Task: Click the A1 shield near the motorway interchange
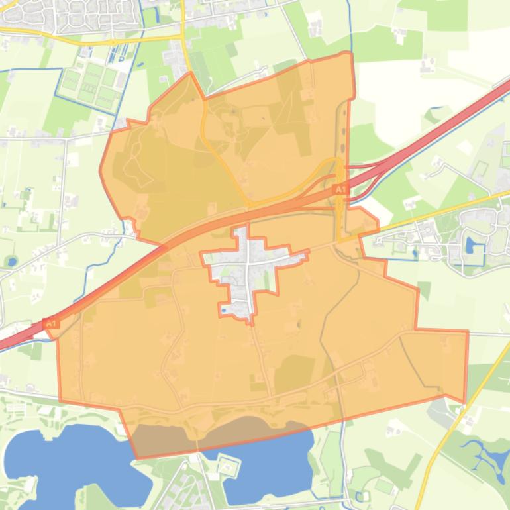point(340,190)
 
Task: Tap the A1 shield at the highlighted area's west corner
point(51,323)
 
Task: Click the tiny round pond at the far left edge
point(11,261)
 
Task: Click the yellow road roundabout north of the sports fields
point(113,42)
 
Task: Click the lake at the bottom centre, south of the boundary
point(265,464)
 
